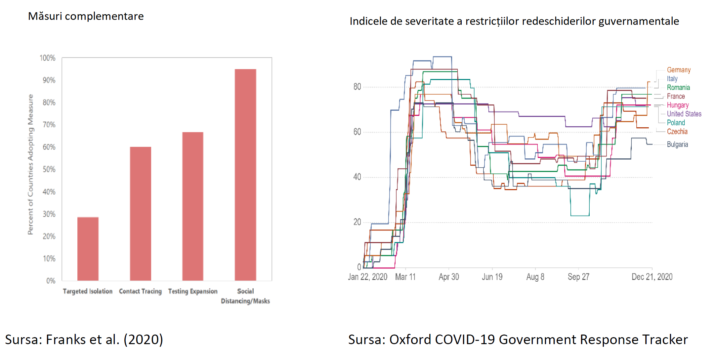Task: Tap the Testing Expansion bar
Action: pos(193,206)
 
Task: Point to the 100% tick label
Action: pos(48,58)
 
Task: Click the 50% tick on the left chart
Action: pos(49,170)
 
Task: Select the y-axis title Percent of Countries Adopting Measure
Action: pos(30,164)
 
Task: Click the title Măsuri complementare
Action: pos(86,16)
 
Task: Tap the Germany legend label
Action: pos(679,70)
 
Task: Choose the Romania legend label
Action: pos(678,88)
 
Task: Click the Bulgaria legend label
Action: pos(677,144)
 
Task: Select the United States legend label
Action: pos(684,114)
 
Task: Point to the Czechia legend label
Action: pos(677,132)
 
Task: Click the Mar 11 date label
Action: pos(405,277)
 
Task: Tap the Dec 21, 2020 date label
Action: pos(652,277)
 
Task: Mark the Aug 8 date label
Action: pos(535,277)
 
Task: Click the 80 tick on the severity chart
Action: pos(357,87)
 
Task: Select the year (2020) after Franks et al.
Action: pos(143,340)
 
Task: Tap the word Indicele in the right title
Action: pos(368,21)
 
